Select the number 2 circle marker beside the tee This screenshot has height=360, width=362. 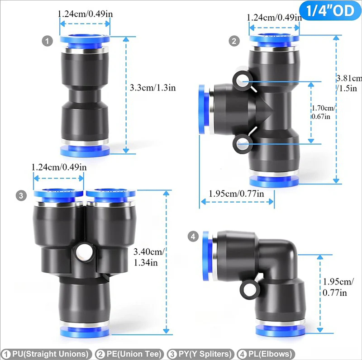point(234,42)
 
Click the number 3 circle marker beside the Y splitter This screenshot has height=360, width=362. point(21,196)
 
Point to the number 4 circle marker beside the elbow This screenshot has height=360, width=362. point(193,236)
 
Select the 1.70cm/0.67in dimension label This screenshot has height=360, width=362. point(324,112)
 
